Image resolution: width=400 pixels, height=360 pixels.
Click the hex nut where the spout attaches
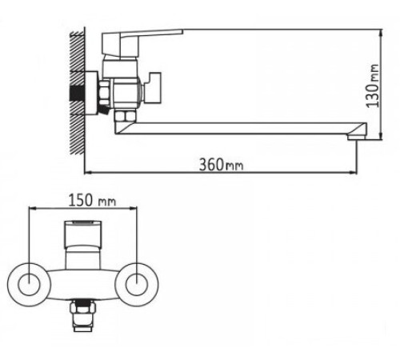click(x=123, y=121)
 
